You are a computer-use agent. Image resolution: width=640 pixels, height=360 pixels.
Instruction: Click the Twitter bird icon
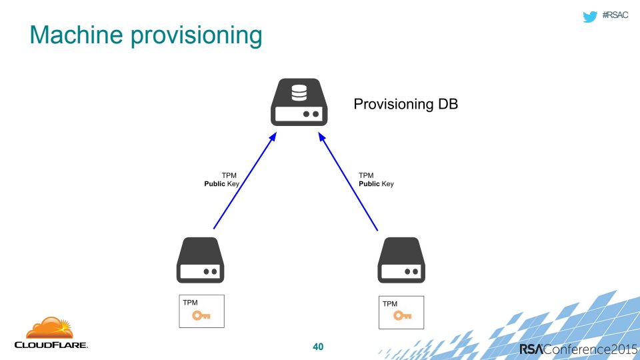coord(589,16)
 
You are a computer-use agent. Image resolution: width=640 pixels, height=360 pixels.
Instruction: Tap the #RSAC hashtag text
coord(617,16)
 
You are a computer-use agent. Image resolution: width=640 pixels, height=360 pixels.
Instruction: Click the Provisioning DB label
coord(405,105)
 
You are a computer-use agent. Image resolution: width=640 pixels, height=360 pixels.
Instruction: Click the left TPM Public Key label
coord(221,179)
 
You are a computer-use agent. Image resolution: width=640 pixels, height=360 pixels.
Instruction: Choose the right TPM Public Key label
coord(376,179)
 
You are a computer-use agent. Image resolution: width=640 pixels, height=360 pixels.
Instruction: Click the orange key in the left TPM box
coord(201,316)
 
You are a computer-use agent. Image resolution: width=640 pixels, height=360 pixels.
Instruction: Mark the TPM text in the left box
coord(190,302)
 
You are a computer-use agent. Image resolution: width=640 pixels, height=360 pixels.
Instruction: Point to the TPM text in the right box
coord(390,304)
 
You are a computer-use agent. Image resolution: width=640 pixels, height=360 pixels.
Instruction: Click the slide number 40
coord(318,347)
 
